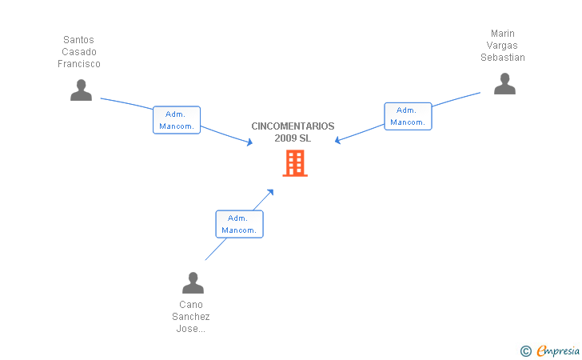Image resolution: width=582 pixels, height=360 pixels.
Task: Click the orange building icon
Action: click(295, 163)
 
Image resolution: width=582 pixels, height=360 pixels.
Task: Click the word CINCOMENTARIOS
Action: click(293, 126)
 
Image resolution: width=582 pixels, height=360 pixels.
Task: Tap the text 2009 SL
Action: click(293, 138)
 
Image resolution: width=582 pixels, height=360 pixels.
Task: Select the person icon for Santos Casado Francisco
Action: click(81, 90)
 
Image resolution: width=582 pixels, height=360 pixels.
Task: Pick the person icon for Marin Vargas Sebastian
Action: click(504, 83)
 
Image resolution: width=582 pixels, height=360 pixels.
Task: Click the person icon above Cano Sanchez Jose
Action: click(193, 282)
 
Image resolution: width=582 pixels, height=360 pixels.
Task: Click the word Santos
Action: click(78, 40)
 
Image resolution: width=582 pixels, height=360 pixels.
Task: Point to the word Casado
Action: click(79, 52)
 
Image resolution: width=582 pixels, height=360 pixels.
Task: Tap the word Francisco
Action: click(79, 64)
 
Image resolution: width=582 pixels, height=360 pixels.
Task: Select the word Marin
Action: click(503, 34)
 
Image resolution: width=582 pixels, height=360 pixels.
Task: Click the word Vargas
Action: click(502, 46)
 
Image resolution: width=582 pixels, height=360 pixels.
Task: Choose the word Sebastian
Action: click(503, 58)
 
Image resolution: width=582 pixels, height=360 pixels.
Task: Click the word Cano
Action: click(191, 305)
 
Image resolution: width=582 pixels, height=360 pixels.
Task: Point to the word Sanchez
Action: click(191, 317)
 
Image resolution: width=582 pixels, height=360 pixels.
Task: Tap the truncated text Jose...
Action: click(190, 329)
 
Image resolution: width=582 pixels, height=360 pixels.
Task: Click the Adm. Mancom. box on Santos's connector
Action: click(177, 120)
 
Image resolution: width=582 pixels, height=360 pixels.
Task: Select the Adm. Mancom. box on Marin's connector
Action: click(408, 116)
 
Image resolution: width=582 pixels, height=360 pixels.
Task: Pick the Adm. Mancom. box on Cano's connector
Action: click(239, 224)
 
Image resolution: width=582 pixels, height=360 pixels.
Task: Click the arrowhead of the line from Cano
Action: click(270, 192)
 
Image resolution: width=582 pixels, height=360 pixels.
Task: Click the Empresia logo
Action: click(550, 350)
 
